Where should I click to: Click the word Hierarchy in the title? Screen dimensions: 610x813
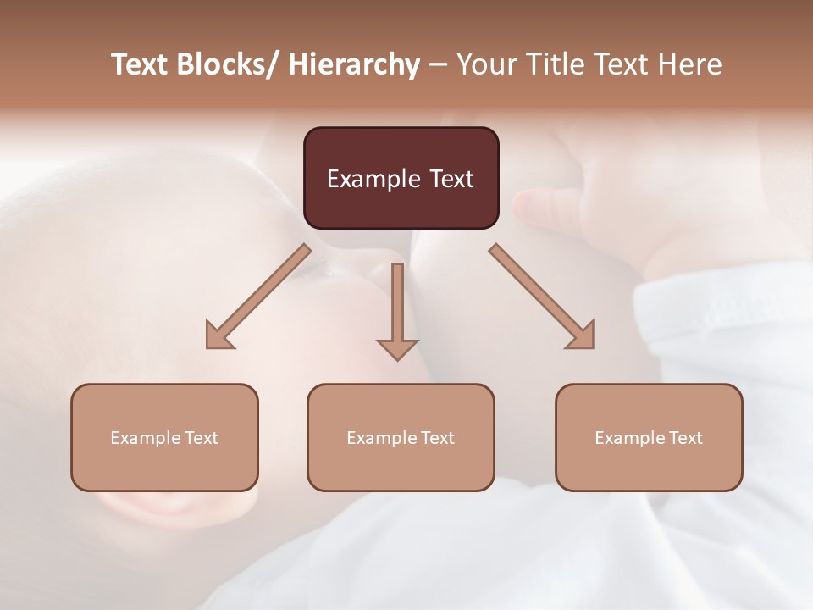click(x=354, y=64)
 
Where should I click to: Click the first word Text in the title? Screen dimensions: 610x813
click(x=140, y=64)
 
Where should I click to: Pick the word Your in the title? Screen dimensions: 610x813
click(x=488, y=64)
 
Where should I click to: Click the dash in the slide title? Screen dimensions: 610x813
click(x=438, y=65)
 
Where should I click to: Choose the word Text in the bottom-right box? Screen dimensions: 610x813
click(x=685, y=438)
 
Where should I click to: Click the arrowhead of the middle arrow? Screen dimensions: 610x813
click(x=397, y=349)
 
